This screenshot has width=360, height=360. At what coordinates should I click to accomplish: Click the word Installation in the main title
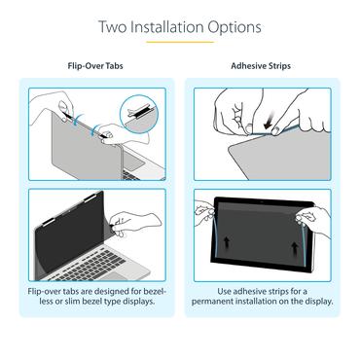183,26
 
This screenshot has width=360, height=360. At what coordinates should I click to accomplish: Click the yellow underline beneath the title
180,43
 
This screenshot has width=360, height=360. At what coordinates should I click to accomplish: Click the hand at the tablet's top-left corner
205,206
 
